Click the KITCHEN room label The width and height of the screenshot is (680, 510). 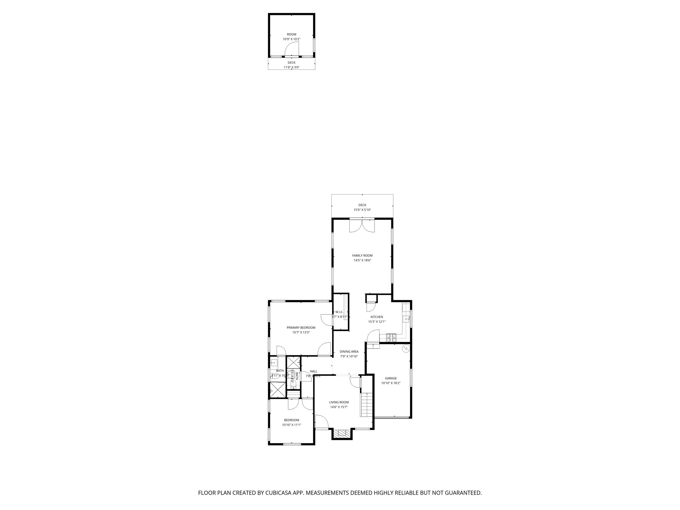click(377, 317)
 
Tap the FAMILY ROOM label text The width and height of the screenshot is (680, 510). click(362, 255)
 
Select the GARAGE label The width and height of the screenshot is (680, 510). click(390, 378)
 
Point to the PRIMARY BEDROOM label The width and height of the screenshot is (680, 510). click(301, 327)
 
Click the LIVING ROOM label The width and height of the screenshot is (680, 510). click(339, 402)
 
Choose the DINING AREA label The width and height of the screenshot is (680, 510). click(349, 352)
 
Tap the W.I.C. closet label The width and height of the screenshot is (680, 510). click(339, 312)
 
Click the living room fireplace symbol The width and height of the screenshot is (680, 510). click(342, 433)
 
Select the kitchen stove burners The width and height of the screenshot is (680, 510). click(391, 338)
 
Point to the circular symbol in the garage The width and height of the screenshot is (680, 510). click(406, 349)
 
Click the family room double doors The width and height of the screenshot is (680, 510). click(362, 225)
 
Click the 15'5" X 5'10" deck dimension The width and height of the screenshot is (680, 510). click(362, 210)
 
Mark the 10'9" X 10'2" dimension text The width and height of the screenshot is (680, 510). click(292, 39)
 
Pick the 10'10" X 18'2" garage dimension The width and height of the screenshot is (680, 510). click(390, 383)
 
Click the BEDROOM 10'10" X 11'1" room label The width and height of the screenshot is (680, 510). click(292, 420)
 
